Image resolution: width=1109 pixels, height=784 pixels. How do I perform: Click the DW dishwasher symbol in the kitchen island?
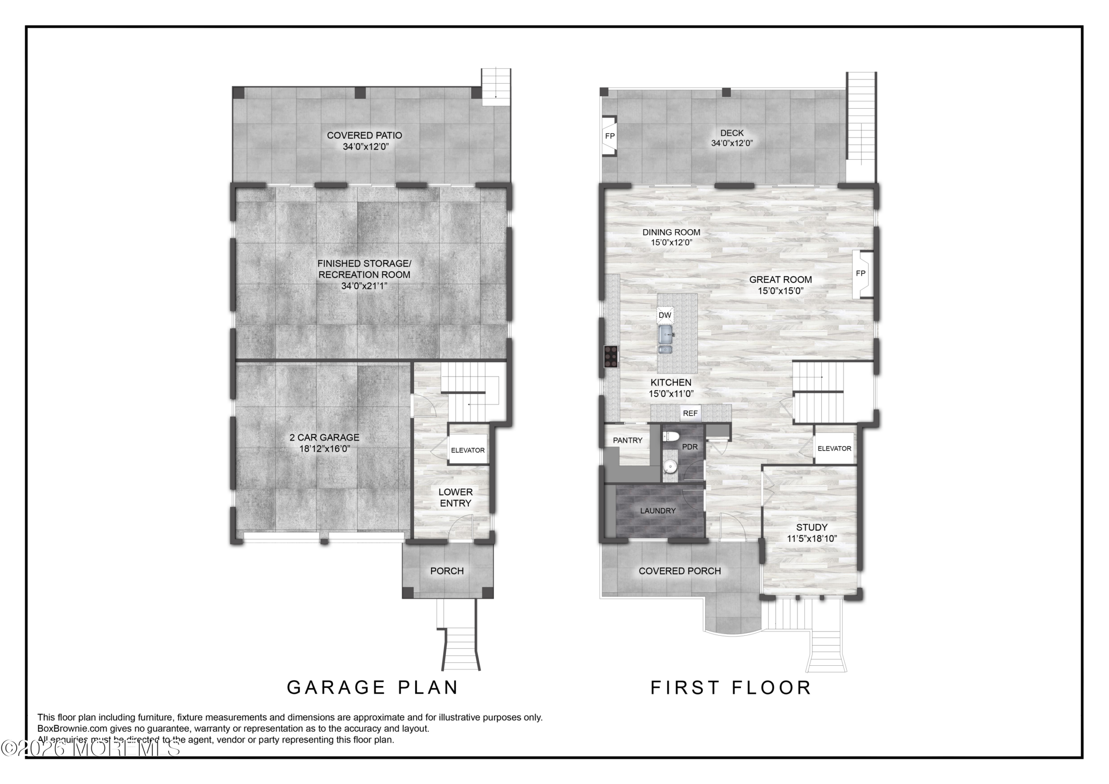tap(665, 315)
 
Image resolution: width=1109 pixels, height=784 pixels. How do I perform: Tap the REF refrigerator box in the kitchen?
tap(690, 413)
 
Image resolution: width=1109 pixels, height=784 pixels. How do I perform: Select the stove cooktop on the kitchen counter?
tap(611, 356)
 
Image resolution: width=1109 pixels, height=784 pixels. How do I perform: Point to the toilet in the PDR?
tap(671, 437)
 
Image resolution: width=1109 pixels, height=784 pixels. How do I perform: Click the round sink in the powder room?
tap(669, 466)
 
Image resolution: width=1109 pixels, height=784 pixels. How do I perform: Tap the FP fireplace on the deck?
tap(609, 136)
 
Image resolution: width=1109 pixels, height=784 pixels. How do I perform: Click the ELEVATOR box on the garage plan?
tap(467, 450)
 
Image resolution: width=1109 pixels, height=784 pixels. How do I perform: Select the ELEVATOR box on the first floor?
tap(834, 449)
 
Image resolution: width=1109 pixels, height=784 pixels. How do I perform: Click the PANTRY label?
tap(627, 440)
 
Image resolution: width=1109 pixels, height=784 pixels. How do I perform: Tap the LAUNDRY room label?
tap(658, 511)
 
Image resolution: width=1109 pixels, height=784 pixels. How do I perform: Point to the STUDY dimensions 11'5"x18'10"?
tap(811, 538)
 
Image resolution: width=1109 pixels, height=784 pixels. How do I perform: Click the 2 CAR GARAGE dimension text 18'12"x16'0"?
tap(324, 449)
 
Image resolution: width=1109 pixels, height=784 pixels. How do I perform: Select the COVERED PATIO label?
tap(364, 135)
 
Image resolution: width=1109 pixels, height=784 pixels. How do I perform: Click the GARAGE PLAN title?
tap(373, 687)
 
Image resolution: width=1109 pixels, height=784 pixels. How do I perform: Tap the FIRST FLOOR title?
tap(731, 687)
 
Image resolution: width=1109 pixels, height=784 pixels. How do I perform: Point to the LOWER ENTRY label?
tap(455, 498)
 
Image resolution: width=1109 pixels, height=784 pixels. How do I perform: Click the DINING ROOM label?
tap(671, 232)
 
